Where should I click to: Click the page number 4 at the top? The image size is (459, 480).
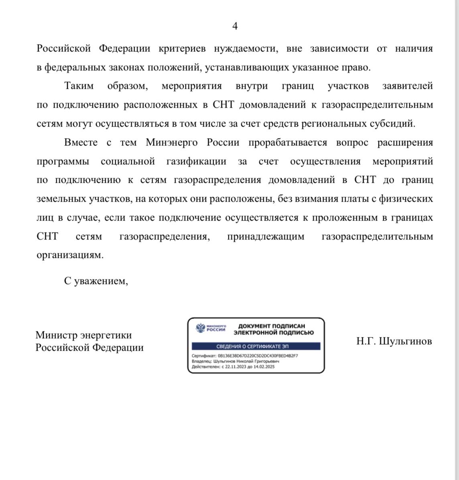pyautogui.click(x=235, y=26)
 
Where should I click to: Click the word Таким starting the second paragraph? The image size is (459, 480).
pyautogui.click(x=79, y=86)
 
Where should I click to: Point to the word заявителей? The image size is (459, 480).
pyautogui.click(x=408, y=86)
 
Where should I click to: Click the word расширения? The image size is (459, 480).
pyautogui.click(x=405, y=143)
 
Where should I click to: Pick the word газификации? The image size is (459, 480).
pyautogui.click(x=196, y=161)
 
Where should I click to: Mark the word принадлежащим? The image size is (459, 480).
pyautogui.click(x=266, y=237)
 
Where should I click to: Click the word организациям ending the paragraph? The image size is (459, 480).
pyautogui.click(x=70, y=255)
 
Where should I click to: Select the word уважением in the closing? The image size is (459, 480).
pyautogui.click(x=101, y=281)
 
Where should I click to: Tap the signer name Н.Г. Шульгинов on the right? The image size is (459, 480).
pyautogui.click(x=394, y=341)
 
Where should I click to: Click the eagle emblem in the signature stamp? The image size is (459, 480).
pyautogui.click(x=200, y=328)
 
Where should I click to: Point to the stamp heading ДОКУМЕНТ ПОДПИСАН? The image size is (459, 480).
pyautogui.click(x=272, y=326)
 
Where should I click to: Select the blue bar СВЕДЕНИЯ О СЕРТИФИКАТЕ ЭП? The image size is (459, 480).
pyautogui.click(x=256, y=346)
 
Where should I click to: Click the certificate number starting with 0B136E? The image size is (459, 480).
pyautogui.click(x=258, y=356)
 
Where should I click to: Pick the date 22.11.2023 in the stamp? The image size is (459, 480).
pyautogui.click(x=234, y=367)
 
